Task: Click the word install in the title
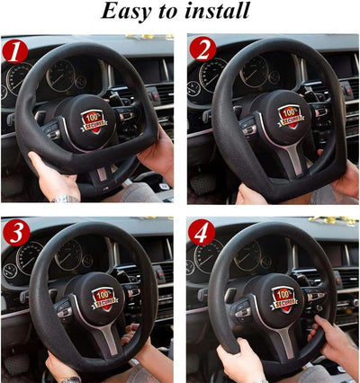click(215, 12)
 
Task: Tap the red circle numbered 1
click(15, 51)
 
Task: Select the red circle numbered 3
click(15, 233)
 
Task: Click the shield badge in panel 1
click(94, 120)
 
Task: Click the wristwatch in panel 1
click(65, 198)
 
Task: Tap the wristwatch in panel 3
click(69, 379)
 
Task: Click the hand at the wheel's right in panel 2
click(345, 180)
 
